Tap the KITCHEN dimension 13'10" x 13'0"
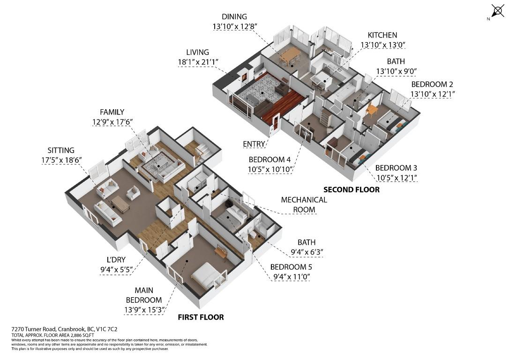coord(382,45)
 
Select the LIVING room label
coord(197,52)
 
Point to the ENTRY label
coord(254,143)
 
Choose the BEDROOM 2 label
coord(432,84)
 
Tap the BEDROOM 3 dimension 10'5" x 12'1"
coord(396,178)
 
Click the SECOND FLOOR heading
coord(351,190)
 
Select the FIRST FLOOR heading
coord(201,317)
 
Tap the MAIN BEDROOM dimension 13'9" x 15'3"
coord(143,310)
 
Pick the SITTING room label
coord(61,150)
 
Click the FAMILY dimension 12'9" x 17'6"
coord(112,122)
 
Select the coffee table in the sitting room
coord(120,204)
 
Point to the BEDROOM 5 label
coord(291,267)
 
